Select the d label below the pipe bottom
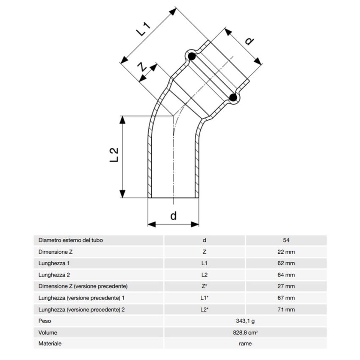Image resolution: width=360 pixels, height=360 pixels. pyautogui.click(x=173, y=216)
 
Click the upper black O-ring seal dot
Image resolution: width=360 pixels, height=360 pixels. pyautogui.click(x=191, y=56)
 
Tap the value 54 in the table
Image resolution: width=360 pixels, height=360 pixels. pyautogui.click(x=286, y=240)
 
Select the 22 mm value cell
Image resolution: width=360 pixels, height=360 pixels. pyautogui.click(x=286, y=252)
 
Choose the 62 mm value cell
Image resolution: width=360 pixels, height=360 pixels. pyautogui.click(x=286, y=263)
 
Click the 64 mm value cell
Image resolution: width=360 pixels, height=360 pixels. pyautogui.click(x=286, y=274)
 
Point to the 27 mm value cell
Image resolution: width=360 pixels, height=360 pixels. pyautogui.click(x=286, y=286)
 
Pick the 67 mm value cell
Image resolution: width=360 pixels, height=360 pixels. pyautogui.click(x=286, y=298)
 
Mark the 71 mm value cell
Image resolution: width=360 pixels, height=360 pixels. pyautogui.click(x=286, y=310)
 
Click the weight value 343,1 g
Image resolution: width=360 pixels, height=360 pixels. pyautogui.click(x=245, y=321)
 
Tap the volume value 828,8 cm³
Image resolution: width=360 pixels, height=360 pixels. pyautogui.click(x=245, y=332)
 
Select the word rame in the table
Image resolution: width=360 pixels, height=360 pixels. pyautogui.click(x=245, y=343)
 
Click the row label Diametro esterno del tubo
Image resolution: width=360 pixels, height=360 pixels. pyautogui.click(x=71, y=240)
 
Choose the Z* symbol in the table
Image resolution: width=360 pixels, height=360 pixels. pyautogui.click(x=204, y=286)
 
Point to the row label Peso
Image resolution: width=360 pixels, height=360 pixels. pyautogui.click(x=44, y=321)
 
